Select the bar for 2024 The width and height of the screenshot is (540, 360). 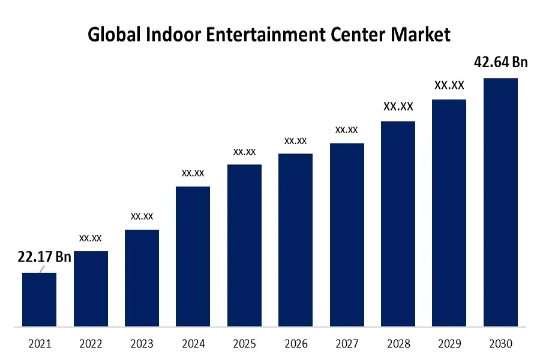pos(193,257)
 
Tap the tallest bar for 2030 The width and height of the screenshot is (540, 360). pos(500,203)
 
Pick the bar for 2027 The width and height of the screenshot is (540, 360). pos(347,235)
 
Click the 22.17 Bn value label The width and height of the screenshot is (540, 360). pos(44,257)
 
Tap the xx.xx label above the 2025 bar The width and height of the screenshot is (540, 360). pos(244,152)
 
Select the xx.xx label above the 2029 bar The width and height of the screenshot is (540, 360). pos(449,86)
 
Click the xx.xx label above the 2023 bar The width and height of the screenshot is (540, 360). pos(142,216)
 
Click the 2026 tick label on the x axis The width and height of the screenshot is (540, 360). pos(295,344)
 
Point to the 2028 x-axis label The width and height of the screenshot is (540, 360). pos(398,344)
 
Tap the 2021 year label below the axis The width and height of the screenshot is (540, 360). pos(40,344)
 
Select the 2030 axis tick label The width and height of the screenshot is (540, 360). pos(500,344)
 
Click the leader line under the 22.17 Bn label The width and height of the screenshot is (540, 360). pos(42,269)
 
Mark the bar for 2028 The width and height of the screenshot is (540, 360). pos(398,224)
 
